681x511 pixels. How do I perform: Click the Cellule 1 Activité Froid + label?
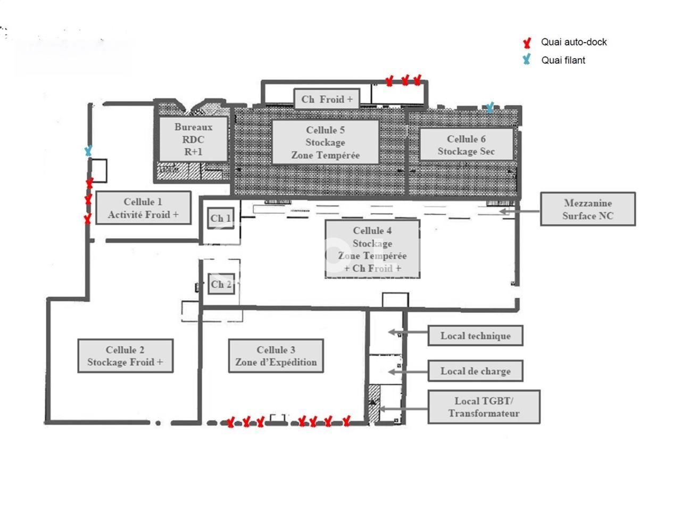[143, 208]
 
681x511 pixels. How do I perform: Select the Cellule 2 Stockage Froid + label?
[126, 356]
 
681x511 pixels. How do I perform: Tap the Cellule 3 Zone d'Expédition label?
[276, 356]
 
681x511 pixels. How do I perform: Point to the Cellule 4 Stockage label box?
[372, 249]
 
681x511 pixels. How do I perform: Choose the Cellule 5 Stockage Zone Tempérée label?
[325, 142]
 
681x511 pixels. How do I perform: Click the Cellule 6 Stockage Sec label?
[466, 145]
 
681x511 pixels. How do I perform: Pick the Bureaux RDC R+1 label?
[193, 139]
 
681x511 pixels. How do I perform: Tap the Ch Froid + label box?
[327, 99]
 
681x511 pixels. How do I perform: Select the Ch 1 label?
[221, 218]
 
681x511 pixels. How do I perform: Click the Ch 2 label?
[221, 284]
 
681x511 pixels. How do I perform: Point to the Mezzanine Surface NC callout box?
[587, 209]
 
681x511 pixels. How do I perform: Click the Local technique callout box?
[475, 336]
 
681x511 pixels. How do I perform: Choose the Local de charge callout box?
[475, 371]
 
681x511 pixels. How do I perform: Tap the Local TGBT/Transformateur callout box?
[484, 407]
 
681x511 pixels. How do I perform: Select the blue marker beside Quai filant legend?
[527, 60]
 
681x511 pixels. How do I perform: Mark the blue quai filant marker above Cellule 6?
[490, 108]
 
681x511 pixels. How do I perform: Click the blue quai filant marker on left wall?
[88, 151]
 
